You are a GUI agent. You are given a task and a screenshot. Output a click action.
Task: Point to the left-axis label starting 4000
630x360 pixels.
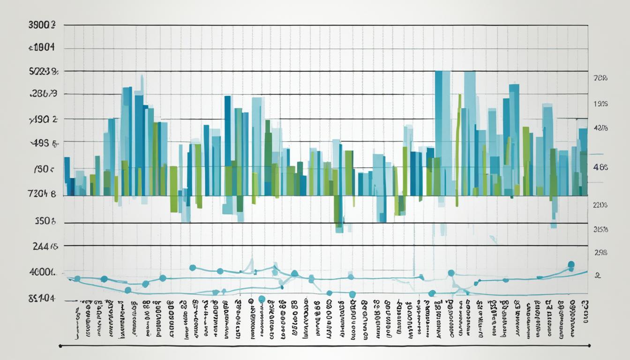tap(42, 272)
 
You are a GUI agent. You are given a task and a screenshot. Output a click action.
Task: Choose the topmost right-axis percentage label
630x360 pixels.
tap(600, 79)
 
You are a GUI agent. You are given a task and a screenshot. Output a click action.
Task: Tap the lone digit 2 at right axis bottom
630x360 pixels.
tap(597, 276)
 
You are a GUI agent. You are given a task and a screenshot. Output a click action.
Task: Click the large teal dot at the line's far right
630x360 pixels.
tap(571, 265)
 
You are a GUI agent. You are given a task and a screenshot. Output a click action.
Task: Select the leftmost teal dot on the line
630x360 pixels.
tap(77, 279)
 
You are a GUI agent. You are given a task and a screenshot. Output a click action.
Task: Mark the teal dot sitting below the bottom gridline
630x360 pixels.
tap(262, 299)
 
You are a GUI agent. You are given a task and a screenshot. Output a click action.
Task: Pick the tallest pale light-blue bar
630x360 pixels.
tap(470, 131)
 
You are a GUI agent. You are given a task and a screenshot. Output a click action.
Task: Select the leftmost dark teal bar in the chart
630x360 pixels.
tap(67, 176)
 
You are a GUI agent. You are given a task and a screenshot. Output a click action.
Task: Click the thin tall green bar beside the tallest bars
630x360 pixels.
tap(458, 141)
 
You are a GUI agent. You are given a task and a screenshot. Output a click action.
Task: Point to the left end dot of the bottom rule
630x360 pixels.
tap(60, 346)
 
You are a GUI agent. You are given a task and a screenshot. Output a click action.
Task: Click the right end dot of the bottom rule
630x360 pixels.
tap(589, 346)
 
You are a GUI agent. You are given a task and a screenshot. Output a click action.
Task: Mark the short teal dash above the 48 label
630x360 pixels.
tap(596, 154)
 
